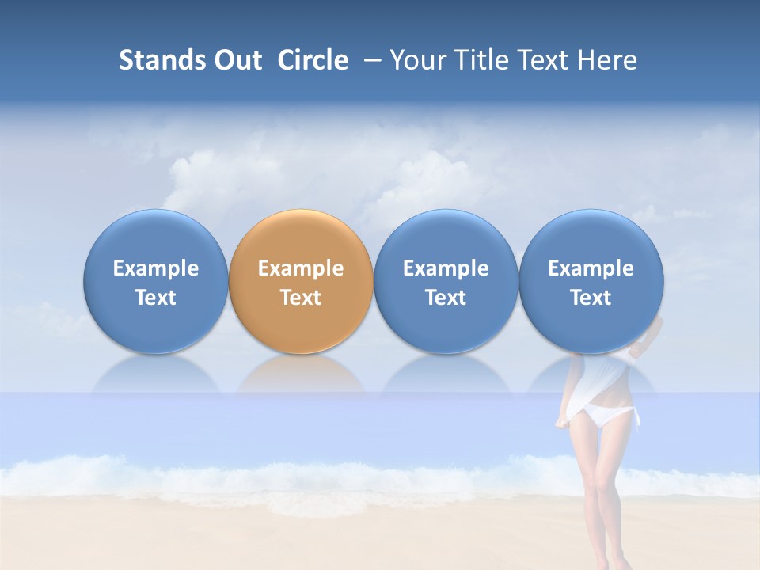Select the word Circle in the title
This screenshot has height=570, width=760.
click(313, 60)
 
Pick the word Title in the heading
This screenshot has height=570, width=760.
click(476, 60)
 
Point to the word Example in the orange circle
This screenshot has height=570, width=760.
click(301, 268)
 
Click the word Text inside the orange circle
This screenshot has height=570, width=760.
click(301, 298)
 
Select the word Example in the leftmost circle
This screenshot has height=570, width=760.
click(156, 268)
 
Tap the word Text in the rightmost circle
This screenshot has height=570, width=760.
click(591, 298)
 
